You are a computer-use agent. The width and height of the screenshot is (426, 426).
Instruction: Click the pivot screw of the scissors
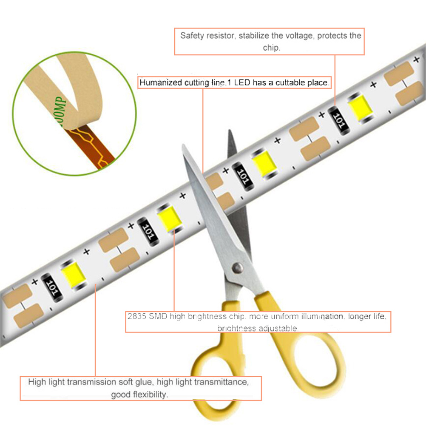point(238,268)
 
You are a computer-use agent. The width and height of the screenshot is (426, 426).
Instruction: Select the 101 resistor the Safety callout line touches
point(339,120)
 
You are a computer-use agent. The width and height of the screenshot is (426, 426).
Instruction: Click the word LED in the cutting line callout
point(242,82)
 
